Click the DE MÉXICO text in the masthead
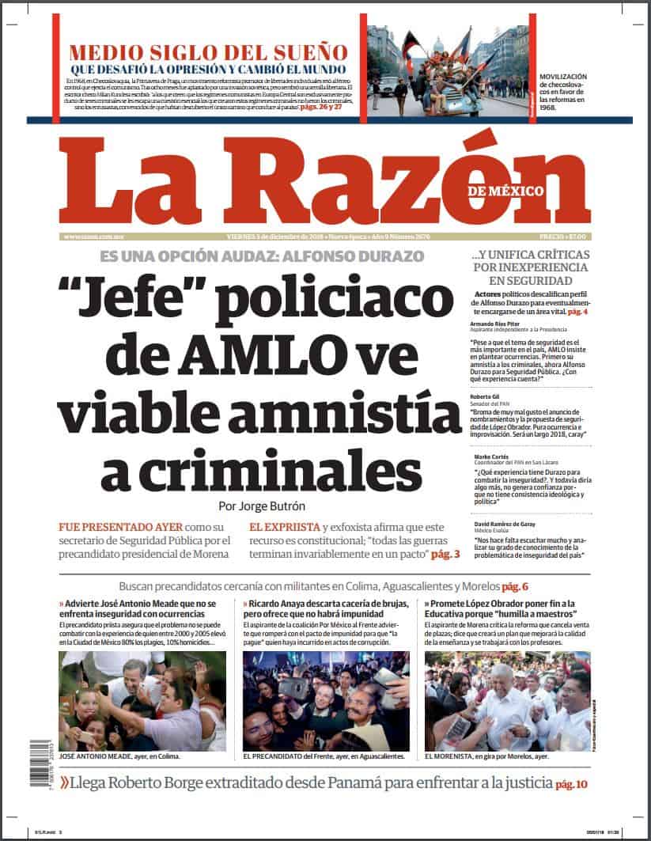pyautogui.click(x=505, y=191)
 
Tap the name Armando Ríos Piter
pyautogui.click(x=496, y=324)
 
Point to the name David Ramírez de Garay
pyautogui.click(x=505, y=525)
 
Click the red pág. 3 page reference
pyautogui.click(x=445, y=555)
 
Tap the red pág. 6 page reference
pyautogui.click(x=513, y=587)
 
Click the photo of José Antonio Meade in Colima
pyautogui.click(x=142, y=701)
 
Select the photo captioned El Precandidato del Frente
pyautogui.click(x=326, y=701)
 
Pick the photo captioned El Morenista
pyautogui.click(x=507, y=701)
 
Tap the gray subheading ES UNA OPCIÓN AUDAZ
pyautogui.click(x=262, y=256)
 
